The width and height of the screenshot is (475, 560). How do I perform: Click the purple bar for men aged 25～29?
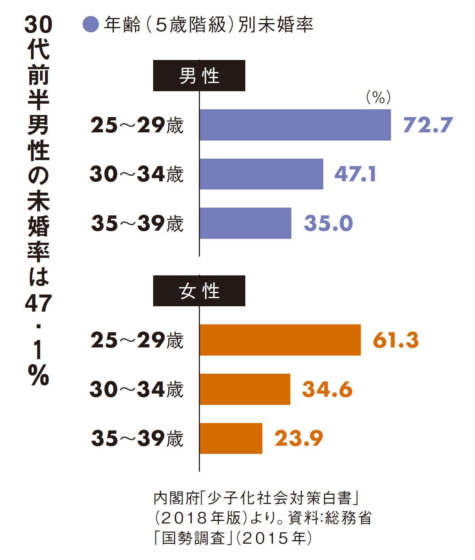[x=295, y=125]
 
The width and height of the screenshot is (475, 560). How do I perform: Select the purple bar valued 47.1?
[x=261, y=174]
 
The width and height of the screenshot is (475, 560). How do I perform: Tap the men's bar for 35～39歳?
[x=245, y=223]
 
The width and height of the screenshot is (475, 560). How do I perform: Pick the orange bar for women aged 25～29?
[x=280, y=340]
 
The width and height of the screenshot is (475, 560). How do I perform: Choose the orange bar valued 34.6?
[x=245, y=389]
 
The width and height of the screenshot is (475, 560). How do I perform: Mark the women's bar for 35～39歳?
[x=231, y=438]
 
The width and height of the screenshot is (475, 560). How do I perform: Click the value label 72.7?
[x=428, y=125]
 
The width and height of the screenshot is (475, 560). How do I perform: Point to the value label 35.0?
[x=328, y=223]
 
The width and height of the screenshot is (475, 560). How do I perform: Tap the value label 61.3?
[x=396, y=340]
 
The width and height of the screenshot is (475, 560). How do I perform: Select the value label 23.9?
[x=299, y=438]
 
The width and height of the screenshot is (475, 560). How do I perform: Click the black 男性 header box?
[x=199, y=76]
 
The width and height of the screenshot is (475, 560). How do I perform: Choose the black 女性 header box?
[x=199, y=291]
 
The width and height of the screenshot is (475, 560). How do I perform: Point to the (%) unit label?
[x=378, y=97]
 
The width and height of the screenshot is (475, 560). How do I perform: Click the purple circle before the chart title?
[x=90, y=25]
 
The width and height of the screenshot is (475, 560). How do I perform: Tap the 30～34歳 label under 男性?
[x=136, y=174]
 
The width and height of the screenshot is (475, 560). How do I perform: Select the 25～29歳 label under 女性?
[x=137, y=340]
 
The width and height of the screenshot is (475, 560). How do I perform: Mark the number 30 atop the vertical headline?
[x=38, y=25]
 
